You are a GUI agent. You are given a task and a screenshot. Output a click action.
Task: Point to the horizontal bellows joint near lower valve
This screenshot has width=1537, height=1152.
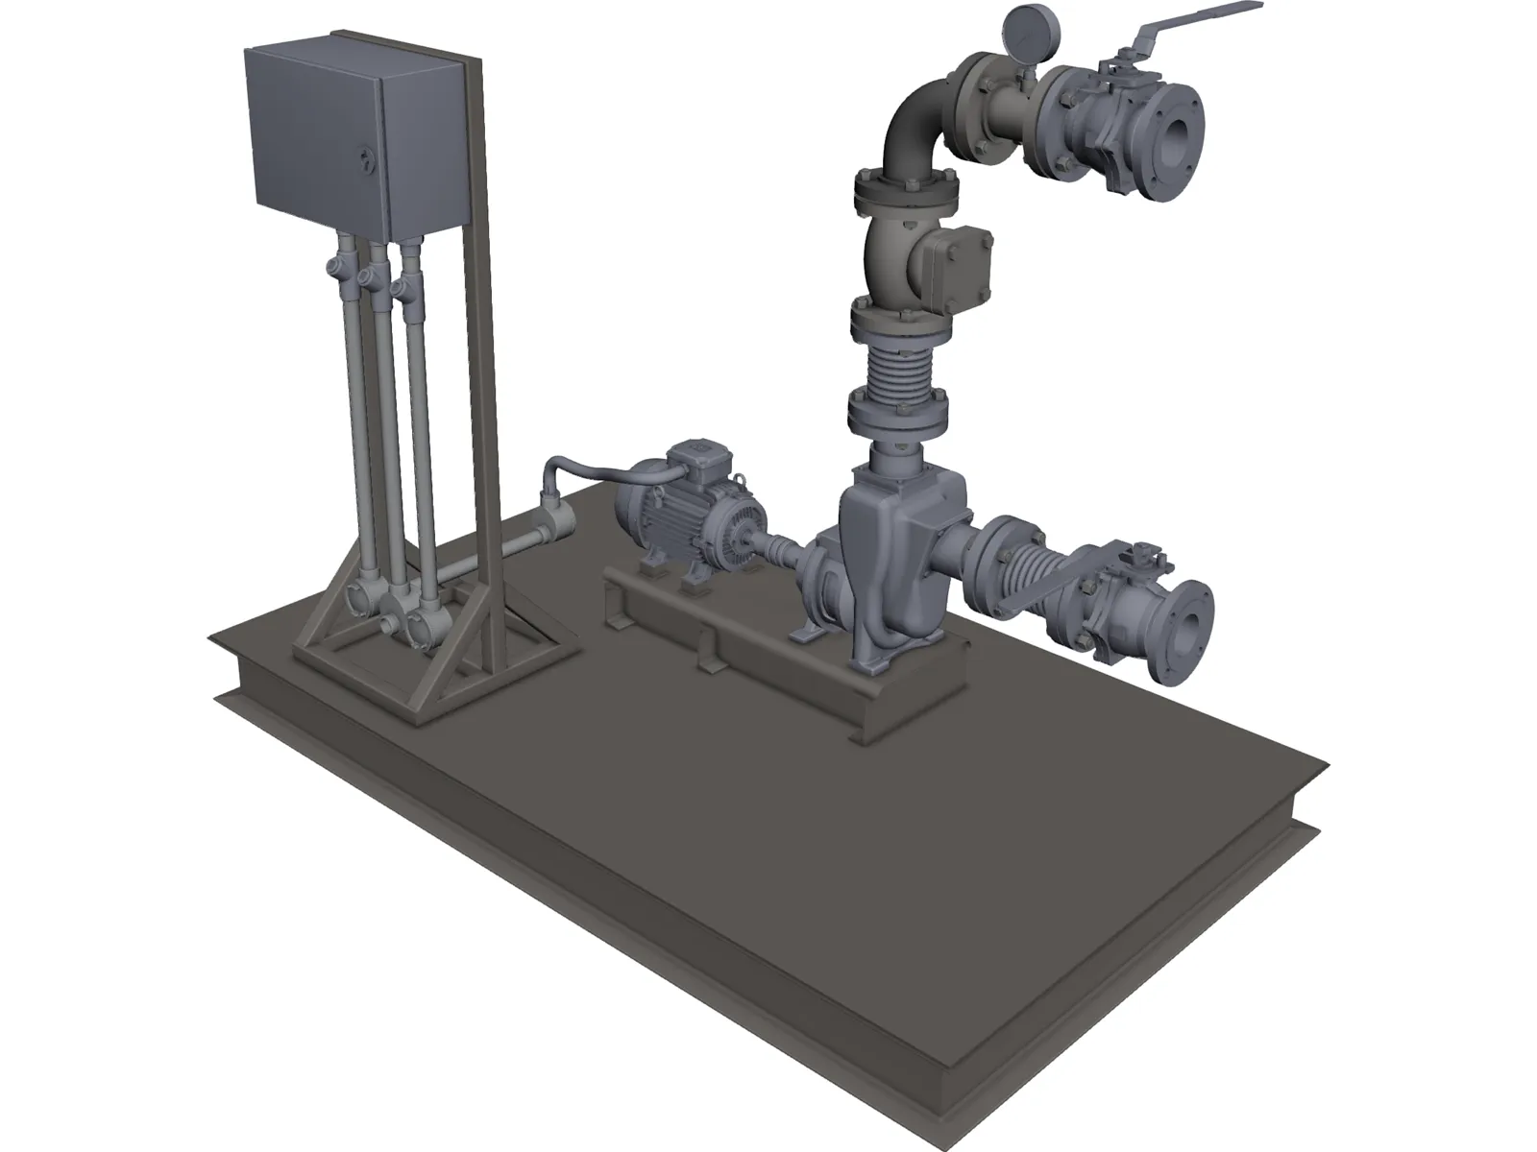pos(1023,575)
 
